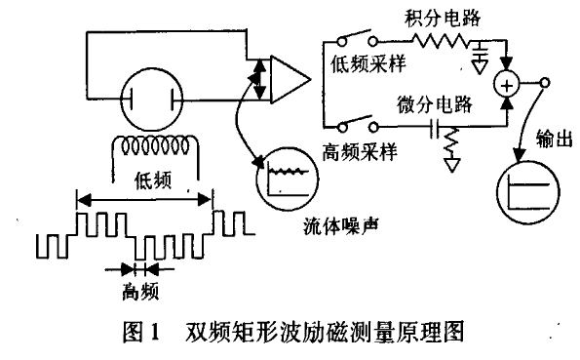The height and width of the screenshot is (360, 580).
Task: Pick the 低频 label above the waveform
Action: pos(148,180)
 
